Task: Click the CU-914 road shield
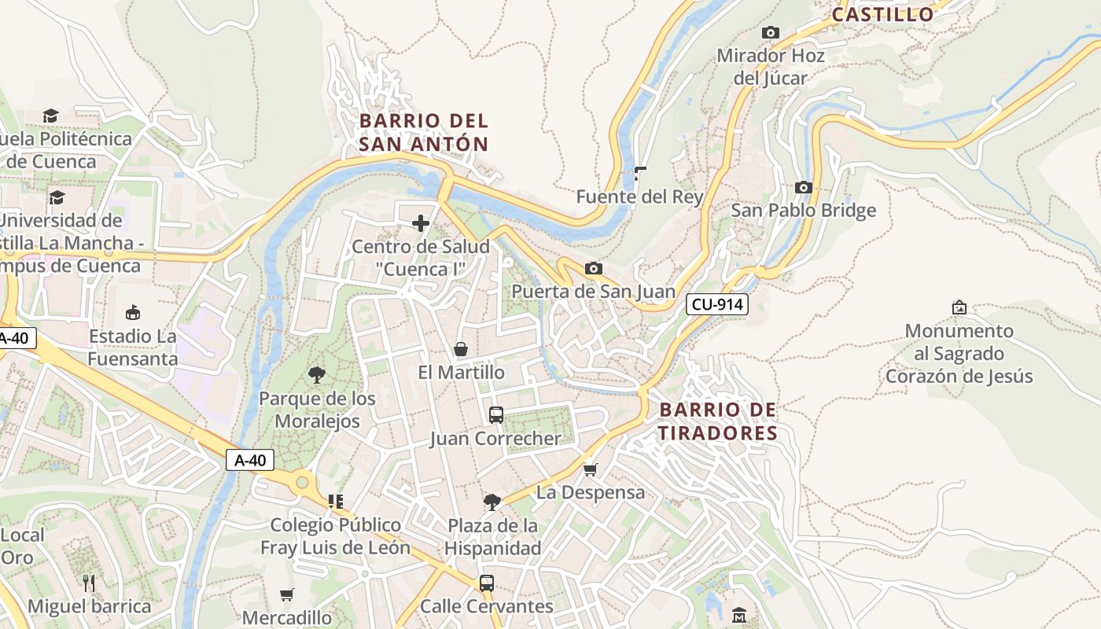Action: pyautogui.click(x=716, y=304)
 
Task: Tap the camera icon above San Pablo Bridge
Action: pyautogui.click(x=803, y=187)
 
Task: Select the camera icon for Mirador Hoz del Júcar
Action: pyautogui.click(x=771, y=32)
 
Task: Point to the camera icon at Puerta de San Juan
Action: pyautogui.click(x=594, y=269)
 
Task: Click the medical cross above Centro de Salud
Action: pyautogui.click(x=421, y=223)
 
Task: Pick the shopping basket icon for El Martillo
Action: pyautogui.click(x=461, y=349)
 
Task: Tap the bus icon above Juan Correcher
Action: pyautogui.click(x=496, y=414)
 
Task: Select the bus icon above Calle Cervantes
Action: pyautogui.click(x=487, y=583)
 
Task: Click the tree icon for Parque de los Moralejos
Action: pyautogui.click(x=317, y=374)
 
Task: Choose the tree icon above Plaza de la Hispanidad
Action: pyautogui.click(x=492, y=502)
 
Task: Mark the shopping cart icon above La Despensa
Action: pyautogui.click(x=591, y=469)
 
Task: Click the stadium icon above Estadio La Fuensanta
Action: pyautogui.click(x=132, y=312)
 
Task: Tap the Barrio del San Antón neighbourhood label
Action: pyautogui.click(x=424, y=132)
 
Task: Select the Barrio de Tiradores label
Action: pyautogui.click(x=718, y=421)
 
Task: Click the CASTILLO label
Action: pyautogui.click(x=882, y=14)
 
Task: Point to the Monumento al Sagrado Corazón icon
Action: pyautogui.click(x=959, y=307)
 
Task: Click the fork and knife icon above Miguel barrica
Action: pyautogui.click(x=89, y=583)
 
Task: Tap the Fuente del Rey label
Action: pyautogui.click(x=639, y=197)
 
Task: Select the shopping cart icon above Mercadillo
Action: pyautogui.click(x=287, y=594)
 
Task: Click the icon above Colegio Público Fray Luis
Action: pyautogui.click(x=336, y=501)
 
